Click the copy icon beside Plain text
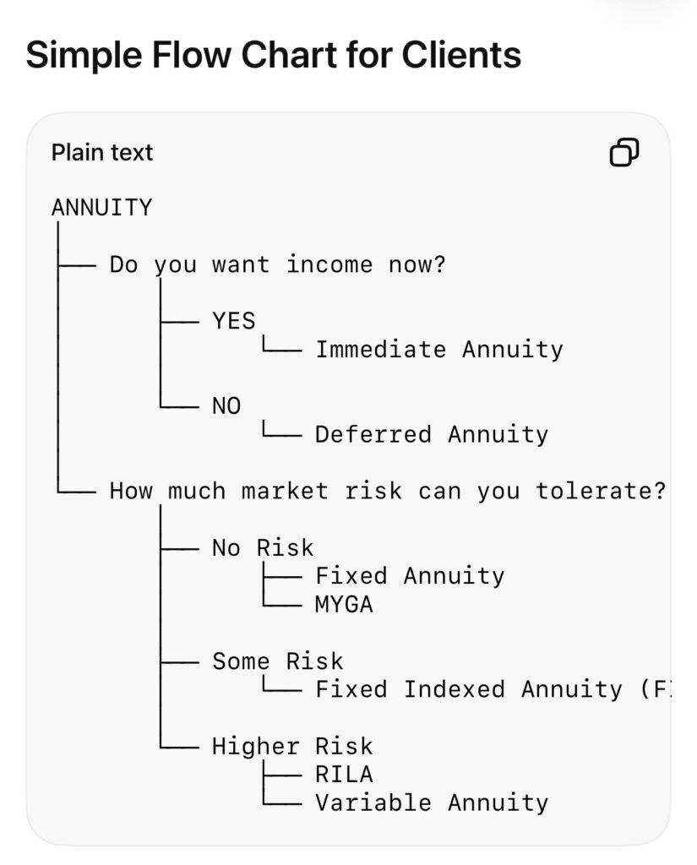point(623,152)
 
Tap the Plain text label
point(102,152)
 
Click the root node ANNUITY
point(101,208)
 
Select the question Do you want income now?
point(278,264)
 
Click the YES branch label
point(234,320)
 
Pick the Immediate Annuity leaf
point(439,350)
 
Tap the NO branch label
point(226,406)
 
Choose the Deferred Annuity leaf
point(432,435)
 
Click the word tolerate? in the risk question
point(601,491)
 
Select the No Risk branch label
point(263,547)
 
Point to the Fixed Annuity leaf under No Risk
point(410,576)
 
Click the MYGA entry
point(344,605)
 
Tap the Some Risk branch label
point(278,661)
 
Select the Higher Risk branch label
point(292,747)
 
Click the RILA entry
point(344,775)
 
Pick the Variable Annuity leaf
point(432,803)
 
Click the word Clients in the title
point(461,55)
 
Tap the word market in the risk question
point(285,491)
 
